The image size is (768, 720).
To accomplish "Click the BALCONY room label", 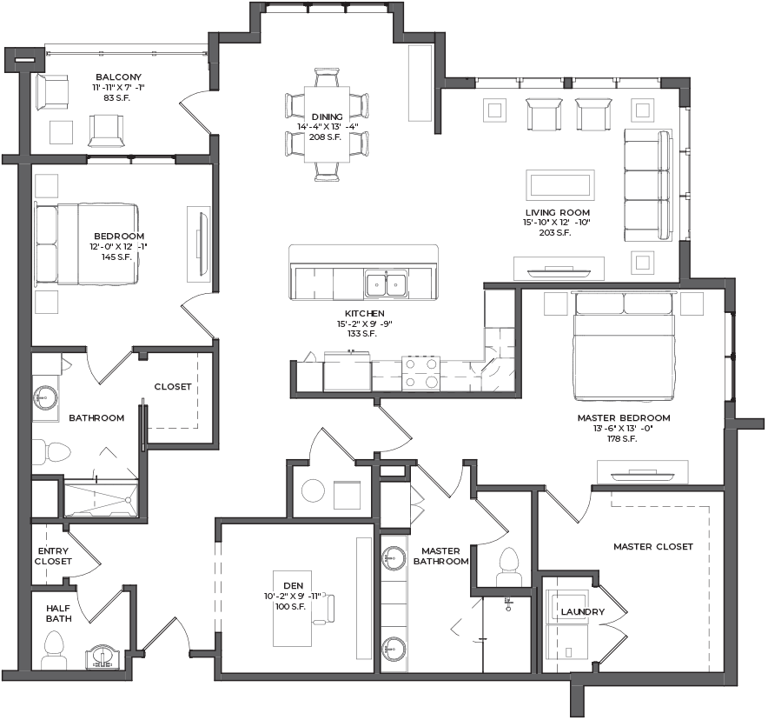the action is (118, 77).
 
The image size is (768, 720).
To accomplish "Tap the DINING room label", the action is (328, 117).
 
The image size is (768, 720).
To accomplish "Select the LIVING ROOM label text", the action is (558, 212).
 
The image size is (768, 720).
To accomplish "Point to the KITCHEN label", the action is (364, 313).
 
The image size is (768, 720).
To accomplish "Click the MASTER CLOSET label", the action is (653, 546).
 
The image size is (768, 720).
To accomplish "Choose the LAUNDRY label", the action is (583, 611).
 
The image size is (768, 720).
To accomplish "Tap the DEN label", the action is (293, 585).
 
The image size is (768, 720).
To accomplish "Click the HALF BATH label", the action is (59, 613).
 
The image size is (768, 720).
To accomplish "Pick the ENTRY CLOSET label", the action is (53, 556).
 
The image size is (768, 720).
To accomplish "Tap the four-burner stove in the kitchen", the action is (421, 374).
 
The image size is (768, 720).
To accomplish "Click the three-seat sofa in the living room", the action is (648, 184).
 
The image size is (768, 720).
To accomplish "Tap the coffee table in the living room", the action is (560, 184).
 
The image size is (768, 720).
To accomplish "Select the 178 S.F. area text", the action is (622, 438).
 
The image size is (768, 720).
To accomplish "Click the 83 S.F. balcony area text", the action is (116, 97).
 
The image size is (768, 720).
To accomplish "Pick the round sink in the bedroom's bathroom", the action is (45, 396).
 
